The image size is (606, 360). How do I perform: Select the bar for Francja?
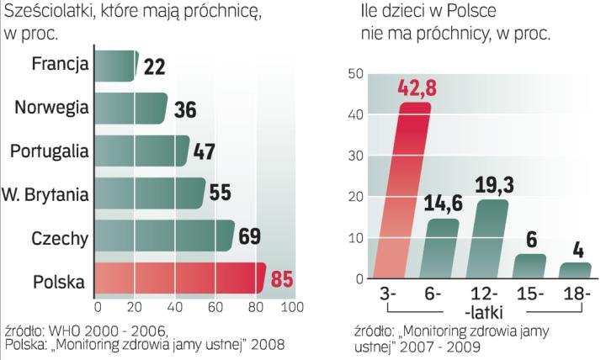click(x=116, y=66)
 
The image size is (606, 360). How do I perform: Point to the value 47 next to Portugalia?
click(x=205, y=151)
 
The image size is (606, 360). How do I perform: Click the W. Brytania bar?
click(x=150, y=193)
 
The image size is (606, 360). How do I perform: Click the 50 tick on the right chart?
click(x=354, y=74)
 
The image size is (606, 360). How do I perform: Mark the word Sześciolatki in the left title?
click(x=51, y=13)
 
